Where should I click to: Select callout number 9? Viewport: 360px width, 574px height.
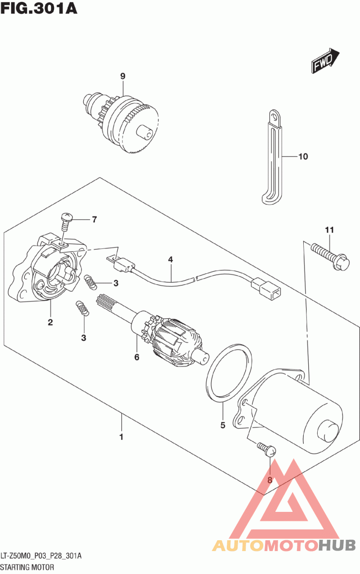tap(122, 77)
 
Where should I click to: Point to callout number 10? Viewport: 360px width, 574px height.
tap(303, 157)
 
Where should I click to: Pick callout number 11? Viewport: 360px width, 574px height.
tap(329, 231)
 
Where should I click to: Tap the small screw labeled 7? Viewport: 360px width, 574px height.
tap(66, 219)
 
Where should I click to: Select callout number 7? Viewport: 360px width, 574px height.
tap(94, 220)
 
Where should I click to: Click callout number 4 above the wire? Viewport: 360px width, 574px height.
tap(171, 259)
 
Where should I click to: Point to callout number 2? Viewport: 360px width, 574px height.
tap(50, 322)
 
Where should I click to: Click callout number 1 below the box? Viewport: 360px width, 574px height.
tap(121, 437)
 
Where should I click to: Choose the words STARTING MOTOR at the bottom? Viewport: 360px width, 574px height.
tap(27, 567)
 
